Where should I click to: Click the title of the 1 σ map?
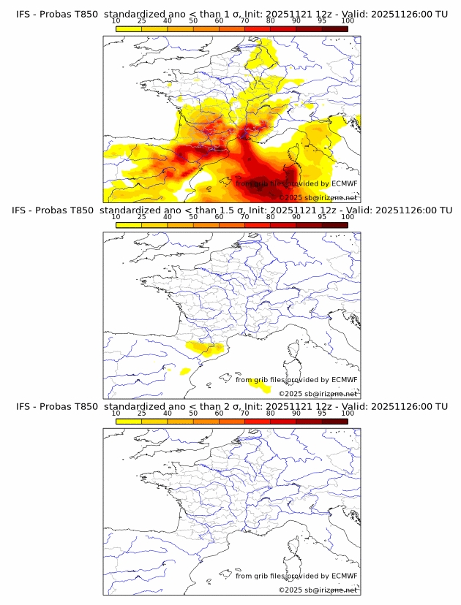coord(231,15)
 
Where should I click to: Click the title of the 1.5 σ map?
coord(231,210)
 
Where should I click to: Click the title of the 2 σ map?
coord(231,406)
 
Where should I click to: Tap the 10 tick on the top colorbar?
coord(116,21)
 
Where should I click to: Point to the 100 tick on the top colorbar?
coord(348,21)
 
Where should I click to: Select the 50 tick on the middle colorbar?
coord(193,217)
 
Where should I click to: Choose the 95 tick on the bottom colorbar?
coord(322,413)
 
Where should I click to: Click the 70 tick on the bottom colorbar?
coord(245,413)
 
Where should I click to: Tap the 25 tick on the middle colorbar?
coord(142,217)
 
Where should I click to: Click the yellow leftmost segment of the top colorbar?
coord(129,28)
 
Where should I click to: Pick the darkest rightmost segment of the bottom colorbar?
coord(334,421)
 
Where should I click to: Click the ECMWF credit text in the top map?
coord(296,184)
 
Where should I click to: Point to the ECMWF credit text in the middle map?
coord(296,380)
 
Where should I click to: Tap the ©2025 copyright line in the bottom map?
coord(318,590)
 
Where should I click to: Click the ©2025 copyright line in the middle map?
coord(318,394)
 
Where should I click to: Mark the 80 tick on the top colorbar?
coord(271,21)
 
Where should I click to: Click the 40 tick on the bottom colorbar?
coord(168,413)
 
